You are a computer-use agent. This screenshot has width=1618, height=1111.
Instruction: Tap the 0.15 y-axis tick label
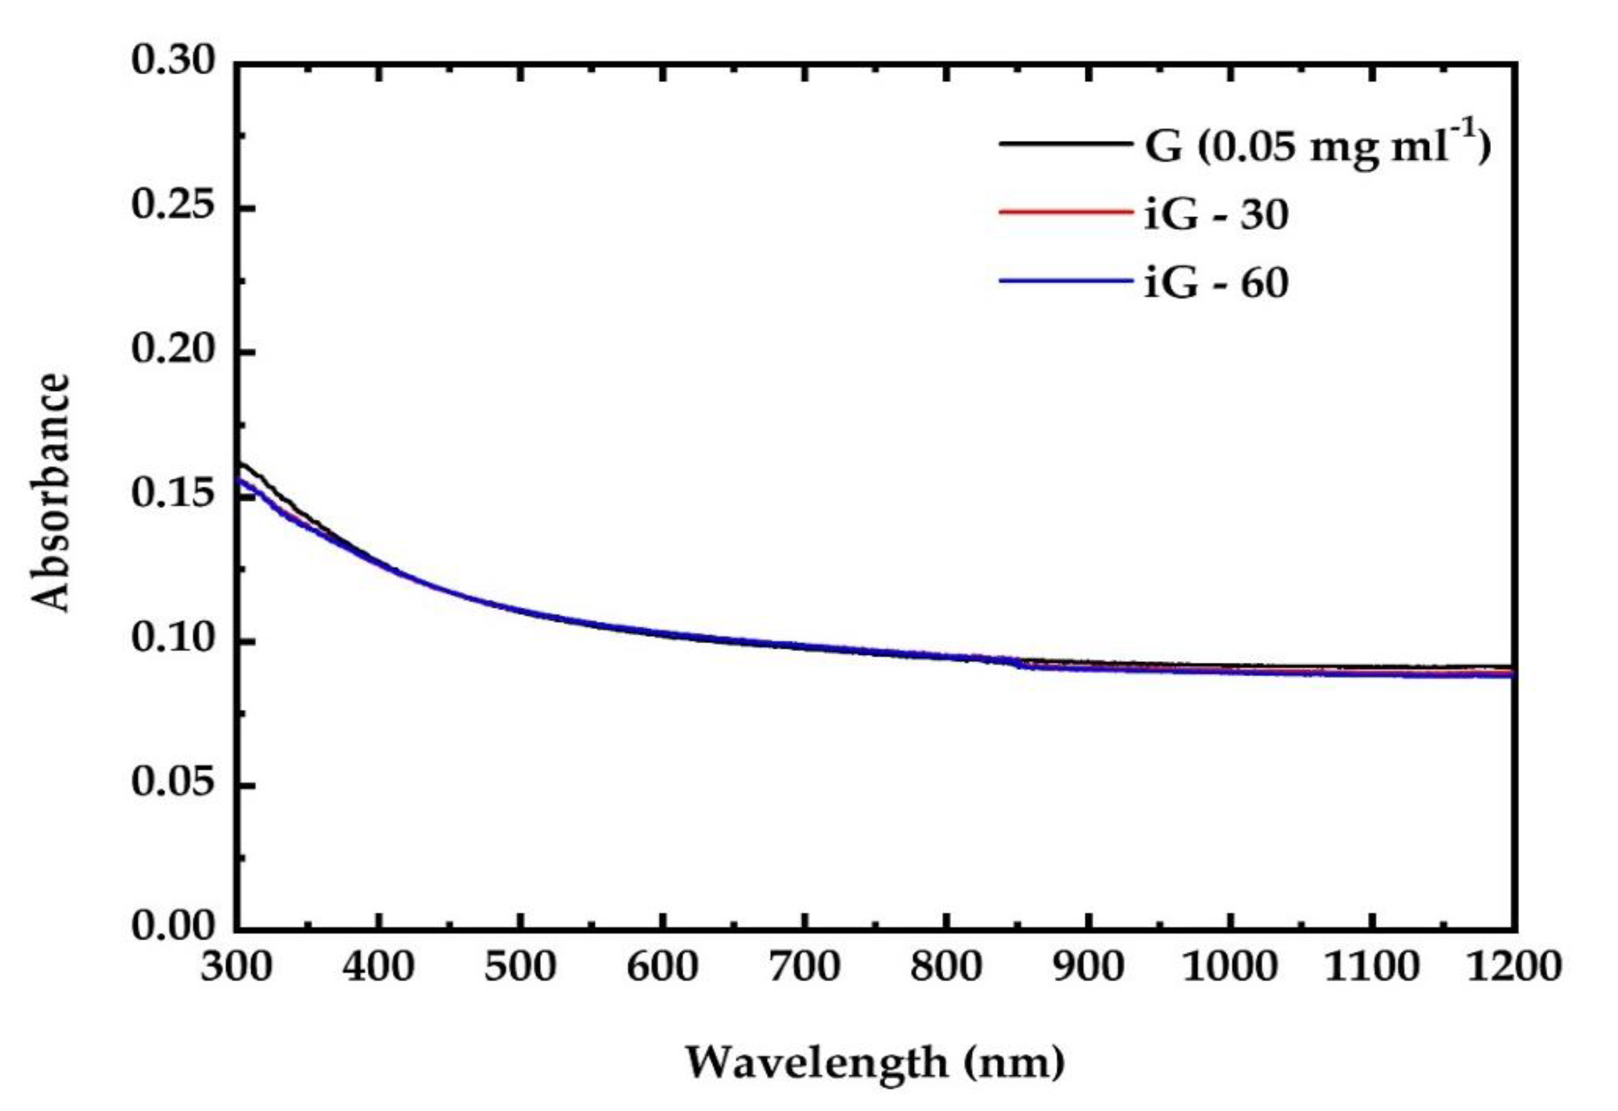[174, 495]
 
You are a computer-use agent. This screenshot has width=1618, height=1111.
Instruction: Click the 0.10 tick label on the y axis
[174, 639]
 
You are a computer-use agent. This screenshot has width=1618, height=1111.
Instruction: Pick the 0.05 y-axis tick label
[174, 783]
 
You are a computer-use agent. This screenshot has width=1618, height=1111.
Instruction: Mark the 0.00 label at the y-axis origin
[174, 927]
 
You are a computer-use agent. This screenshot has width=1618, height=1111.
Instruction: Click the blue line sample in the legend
[1065, 281]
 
